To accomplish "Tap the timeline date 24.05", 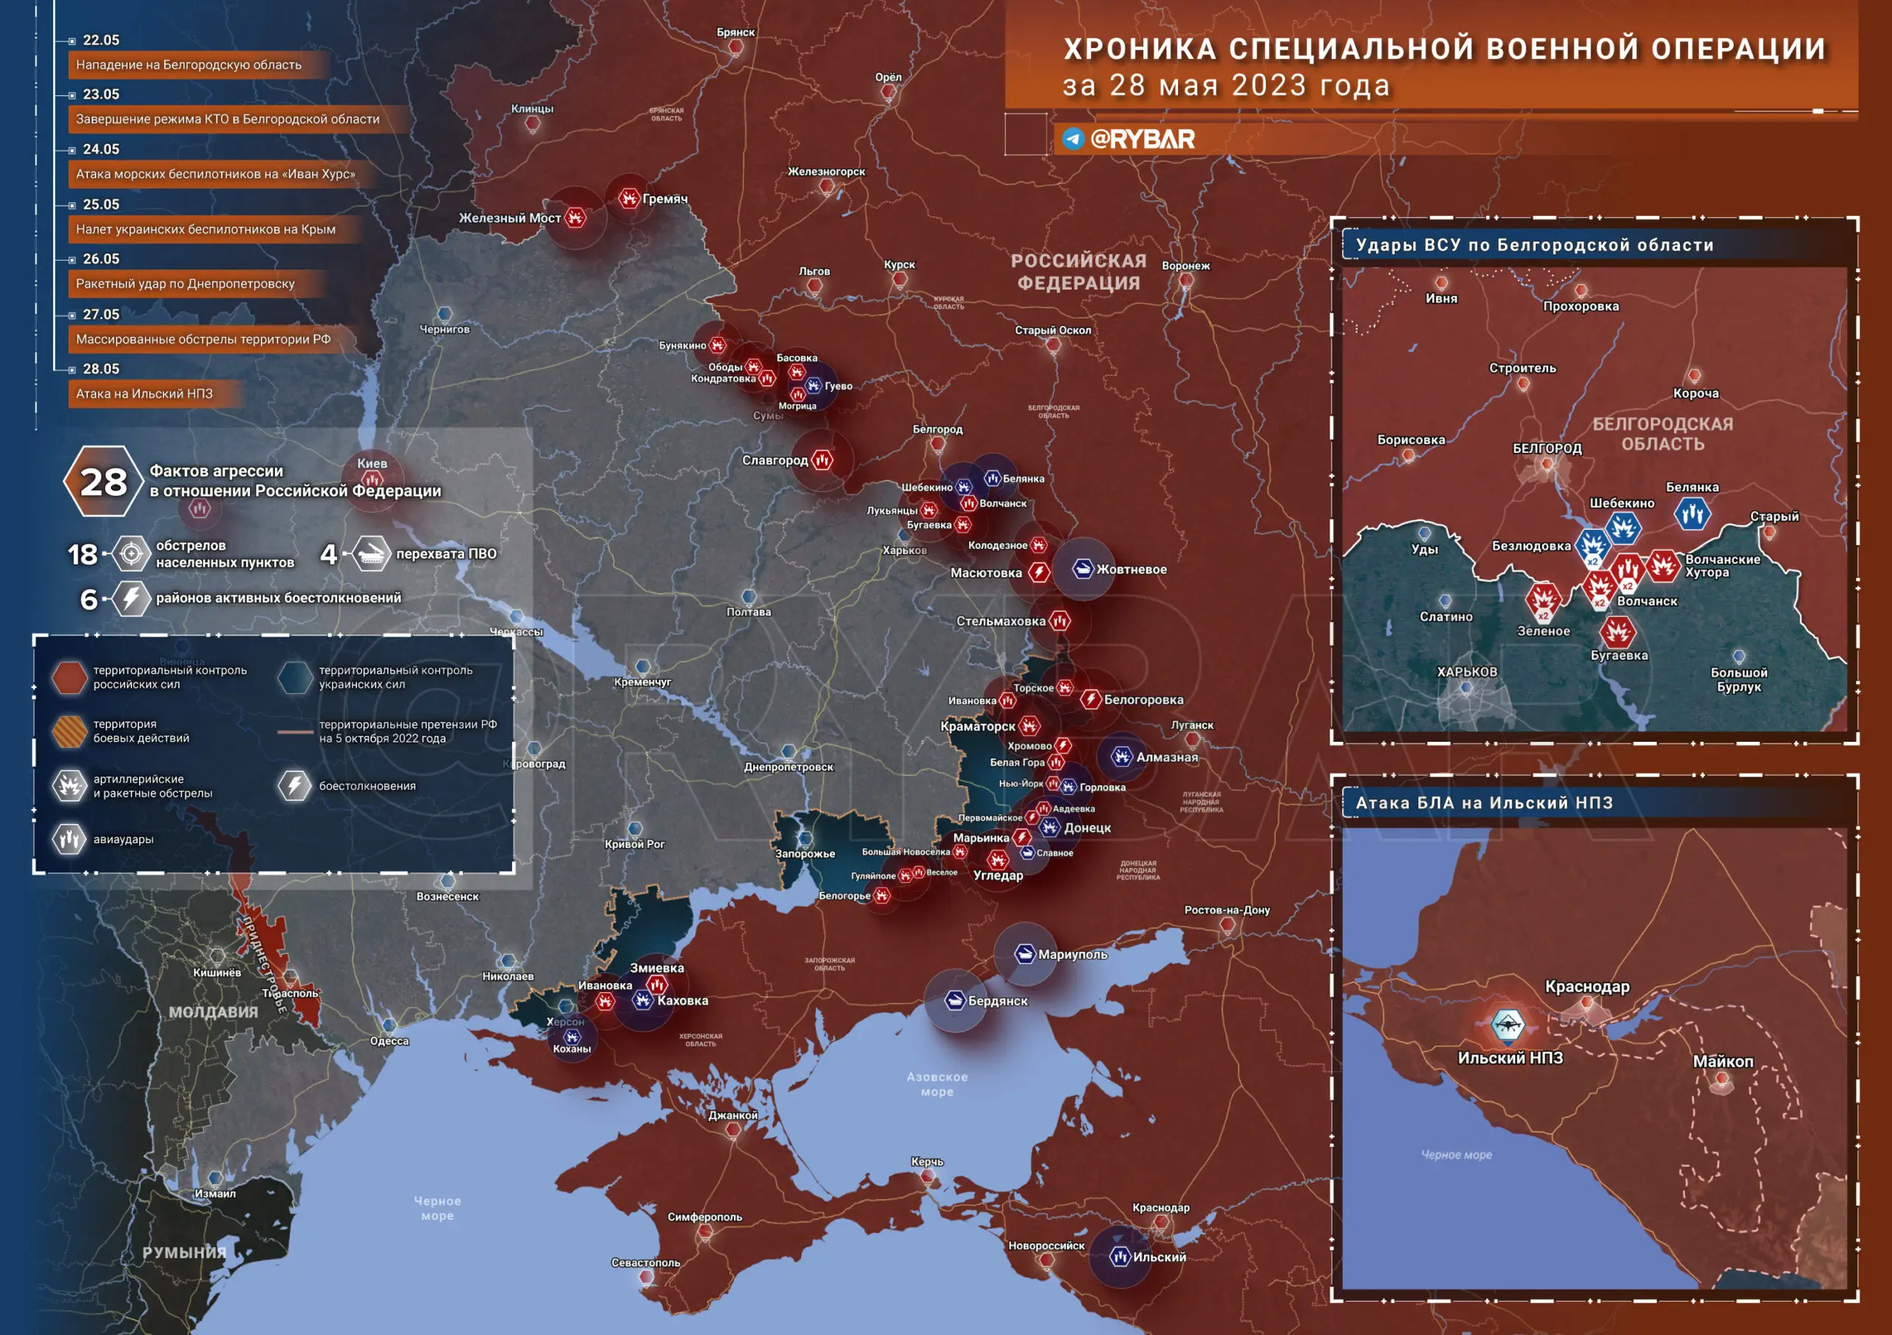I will coord(101,149).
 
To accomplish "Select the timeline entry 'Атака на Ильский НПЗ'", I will coord(144,394).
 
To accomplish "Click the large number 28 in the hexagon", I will coord(103,482).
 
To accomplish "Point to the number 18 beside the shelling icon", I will coord(82,554).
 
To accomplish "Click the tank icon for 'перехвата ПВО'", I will coord(372,553).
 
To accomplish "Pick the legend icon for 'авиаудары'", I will coord(70,839).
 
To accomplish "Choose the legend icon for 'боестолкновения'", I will coord(294,785).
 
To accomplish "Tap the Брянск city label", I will coord(735,32).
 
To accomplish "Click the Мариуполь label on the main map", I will coord(1072,955).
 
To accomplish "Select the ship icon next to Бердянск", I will coord(954,1000).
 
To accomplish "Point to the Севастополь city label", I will coord(645,1263).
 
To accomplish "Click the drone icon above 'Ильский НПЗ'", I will coord(1507,1025).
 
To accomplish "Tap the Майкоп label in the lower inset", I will coord(1723,1062).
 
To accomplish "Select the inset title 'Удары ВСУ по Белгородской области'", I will coord(1534,245).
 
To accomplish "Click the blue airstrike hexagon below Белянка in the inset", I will coord(1692,515).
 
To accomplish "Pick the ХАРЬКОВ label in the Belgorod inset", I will coord(1467,672).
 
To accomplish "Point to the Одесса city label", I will coord(389,1041).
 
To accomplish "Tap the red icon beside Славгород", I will coord(822,460).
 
